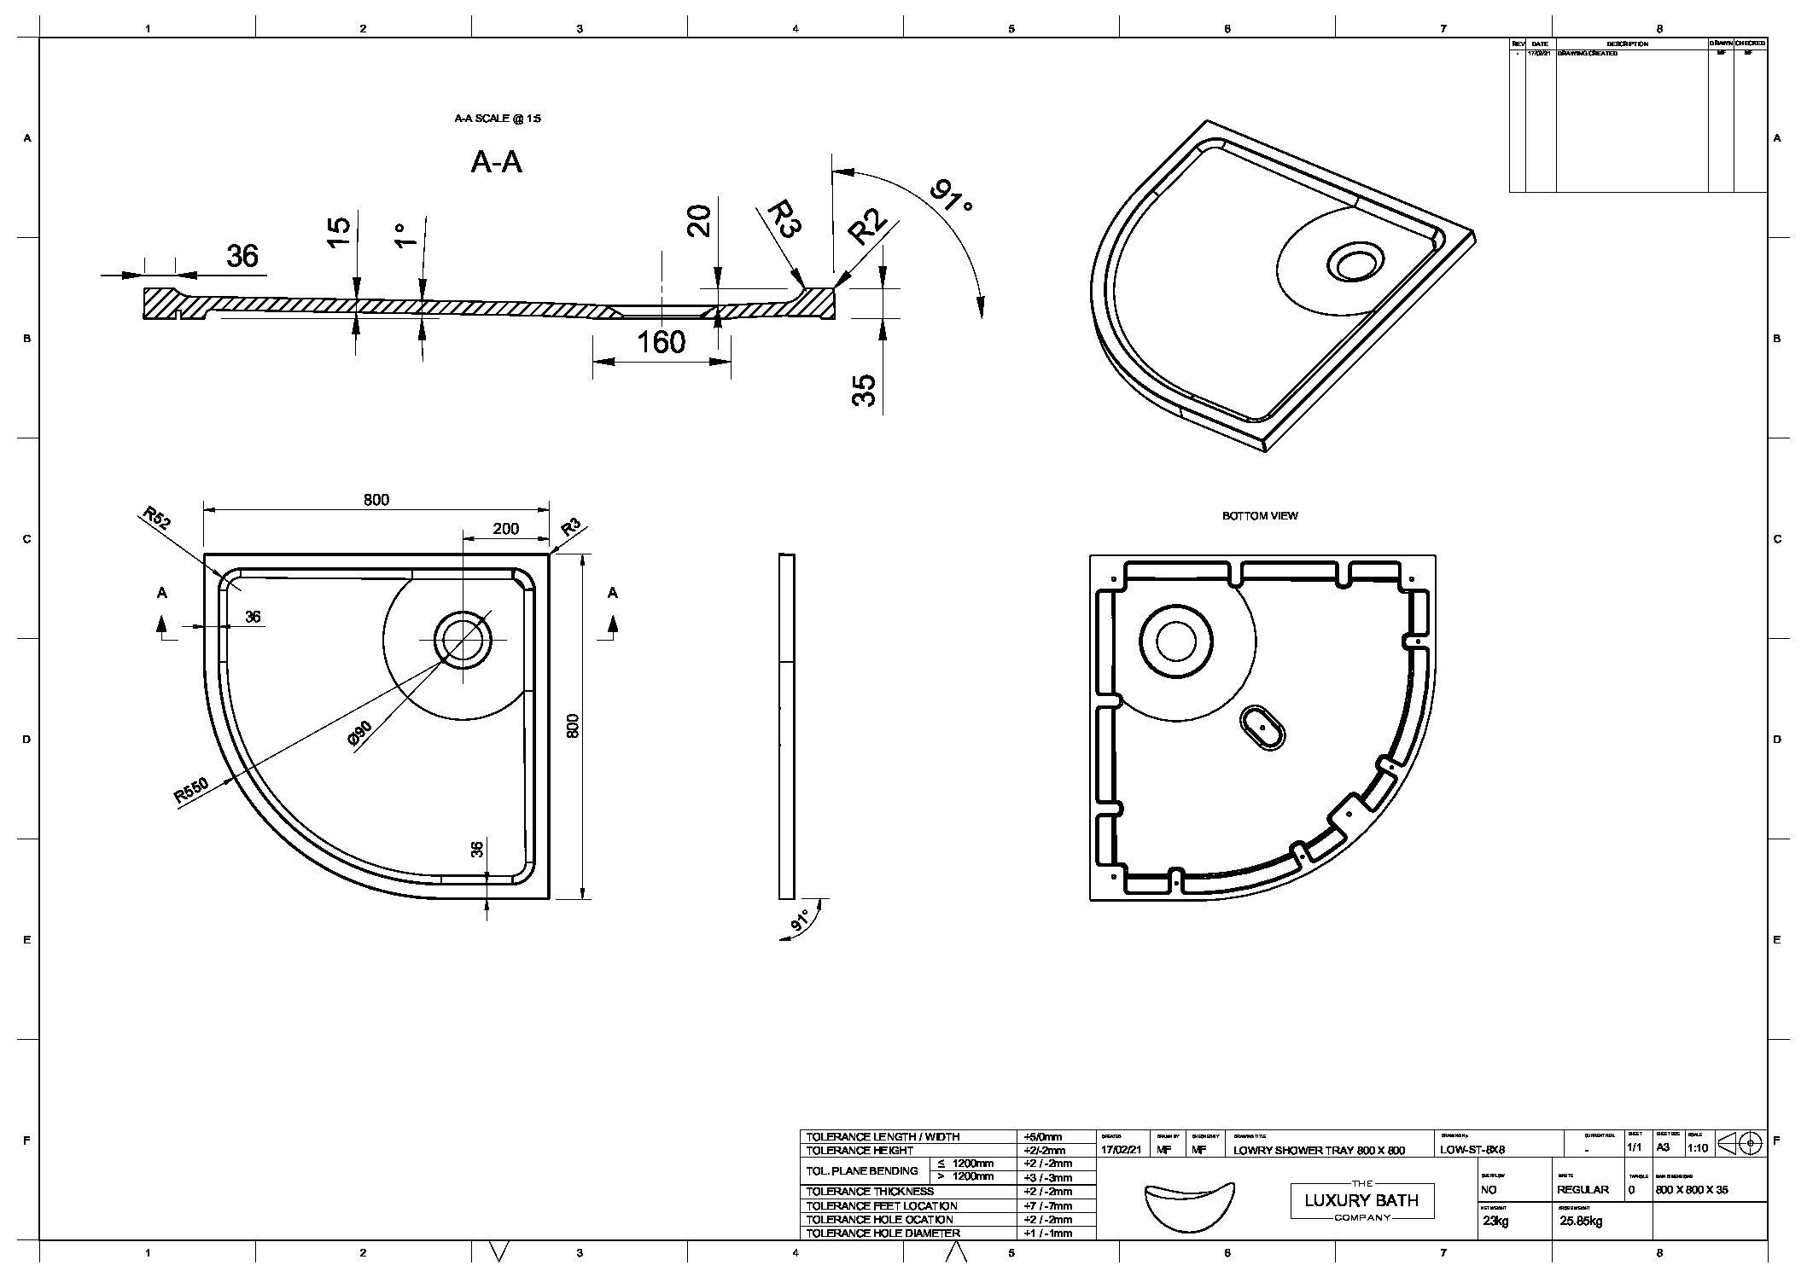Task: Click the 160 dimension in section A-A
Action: pos(662,343)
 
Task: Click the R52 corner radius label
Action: pos(155,518)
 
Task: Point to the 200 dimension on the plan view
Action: pos(505,529)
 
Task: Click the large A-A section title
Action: pos(496,162)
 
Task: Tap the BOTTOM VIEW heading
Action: pos(1260,516)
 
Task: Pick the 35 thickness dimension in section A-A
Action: pos(865,391)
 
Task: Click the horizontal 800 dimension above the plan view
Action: pos(376,500)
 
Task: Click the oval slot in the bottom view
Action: pos(1262,728)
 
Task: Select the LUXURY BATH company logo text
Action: pos(1361,1200)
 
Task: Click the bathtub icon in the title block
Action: pos(1189,1204)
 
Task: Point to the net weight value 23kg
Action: pos(1495,1221)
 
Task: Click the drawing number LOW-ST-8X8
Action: pos(1472,1150)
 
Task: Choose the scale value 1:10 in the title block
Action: pos(1698,1148)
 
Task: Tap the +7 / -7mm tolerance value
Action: pos(1047,1205)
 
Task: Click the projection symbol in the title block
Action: pos(1740,1142)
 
